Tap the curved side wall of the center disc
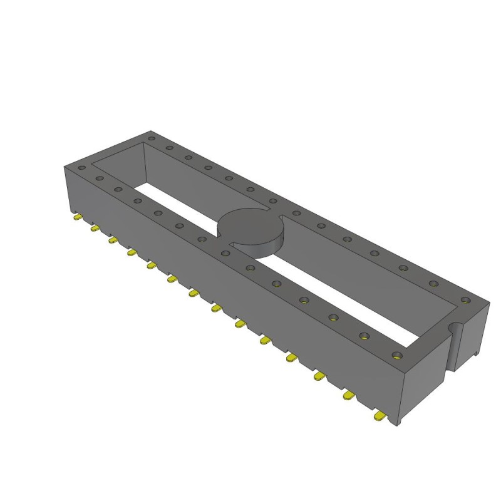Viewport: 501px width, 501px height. pyautogui.click(x=263, y=249)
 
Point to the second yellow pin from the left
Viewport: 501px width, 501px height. pyautogui.click(x=95, y=228)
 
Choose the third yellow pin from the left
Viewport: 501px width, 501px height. pyautogui.click(x=113, y=239)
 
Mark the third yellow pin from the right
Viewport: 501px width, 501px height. pyautogui.click(x=319, y=376)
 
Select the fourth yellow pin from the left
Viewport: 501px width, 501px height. pyautogui.click(x=132, y=252)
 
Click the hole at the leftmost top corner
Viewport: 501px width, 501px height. pyautogui.click(x=81, y=168)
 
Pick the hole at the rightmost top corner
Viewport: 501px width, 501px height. pyautogui.click(x=465, y=300)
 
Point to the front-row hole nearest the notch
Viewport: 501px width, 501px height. pyautogui.click(x=395, y=356)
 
